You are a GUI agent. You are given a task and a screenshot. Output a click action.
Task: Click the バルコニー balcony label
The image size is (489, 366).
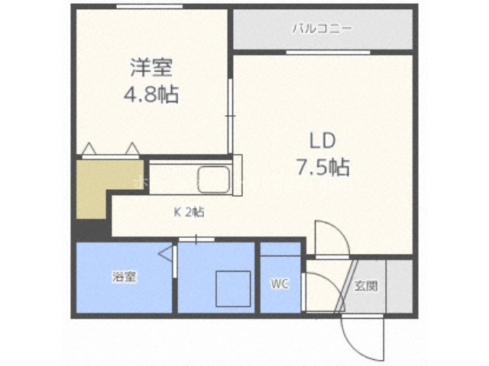(x=322, y=29)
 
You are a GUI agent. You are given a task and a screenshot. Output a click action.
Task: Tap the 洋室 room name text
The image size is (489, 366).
(x=151, y=68)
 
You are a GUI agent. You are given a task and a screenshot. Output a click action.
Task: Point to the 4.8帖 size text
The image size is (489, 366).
(x=151, y=94)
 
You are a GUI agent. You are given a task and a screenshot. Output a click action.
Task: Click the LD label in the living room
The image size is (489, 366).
(x=322, y=140)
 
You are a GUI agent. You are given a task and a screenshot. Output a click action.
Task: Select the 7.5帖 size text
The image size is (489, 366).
(x=322, y=167)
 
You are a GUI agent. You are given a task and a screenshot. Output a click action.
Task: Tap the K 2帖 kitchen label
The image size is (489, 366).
(x=189, y=212)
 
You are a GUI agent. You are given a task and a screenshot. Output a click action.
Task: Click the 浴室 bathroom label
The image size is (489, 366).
(x=125, y=277)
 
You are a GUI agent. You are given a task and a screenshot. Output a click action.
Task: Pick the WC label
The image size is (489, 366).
(x=280, y=284)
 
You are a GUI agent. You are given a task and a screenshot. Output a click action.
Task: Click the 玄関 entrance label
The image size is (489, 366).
(x=366, y=286)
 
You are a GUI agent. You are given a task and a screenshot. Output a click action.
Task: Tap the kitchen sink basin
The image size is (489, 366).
(x=214, y=179)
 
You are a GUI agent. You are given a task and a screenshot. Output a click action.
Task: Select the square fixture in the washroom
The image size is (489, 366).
(x=234, y=289)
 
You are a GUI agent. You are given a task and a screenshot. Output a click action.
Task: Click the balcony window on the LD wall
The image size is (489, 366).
(x=328, y=53)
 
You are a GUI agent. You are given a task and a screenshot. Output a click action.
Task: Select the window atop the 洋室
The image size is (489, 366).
(x=150, y=7)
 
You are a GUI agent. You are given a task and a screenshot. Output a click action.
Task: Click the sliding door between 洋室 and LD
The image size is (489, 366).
(x=231, y=116)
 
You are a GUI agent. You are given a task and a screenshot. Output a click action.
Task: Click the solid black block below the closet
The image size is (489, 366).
(x=93, y=228)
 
